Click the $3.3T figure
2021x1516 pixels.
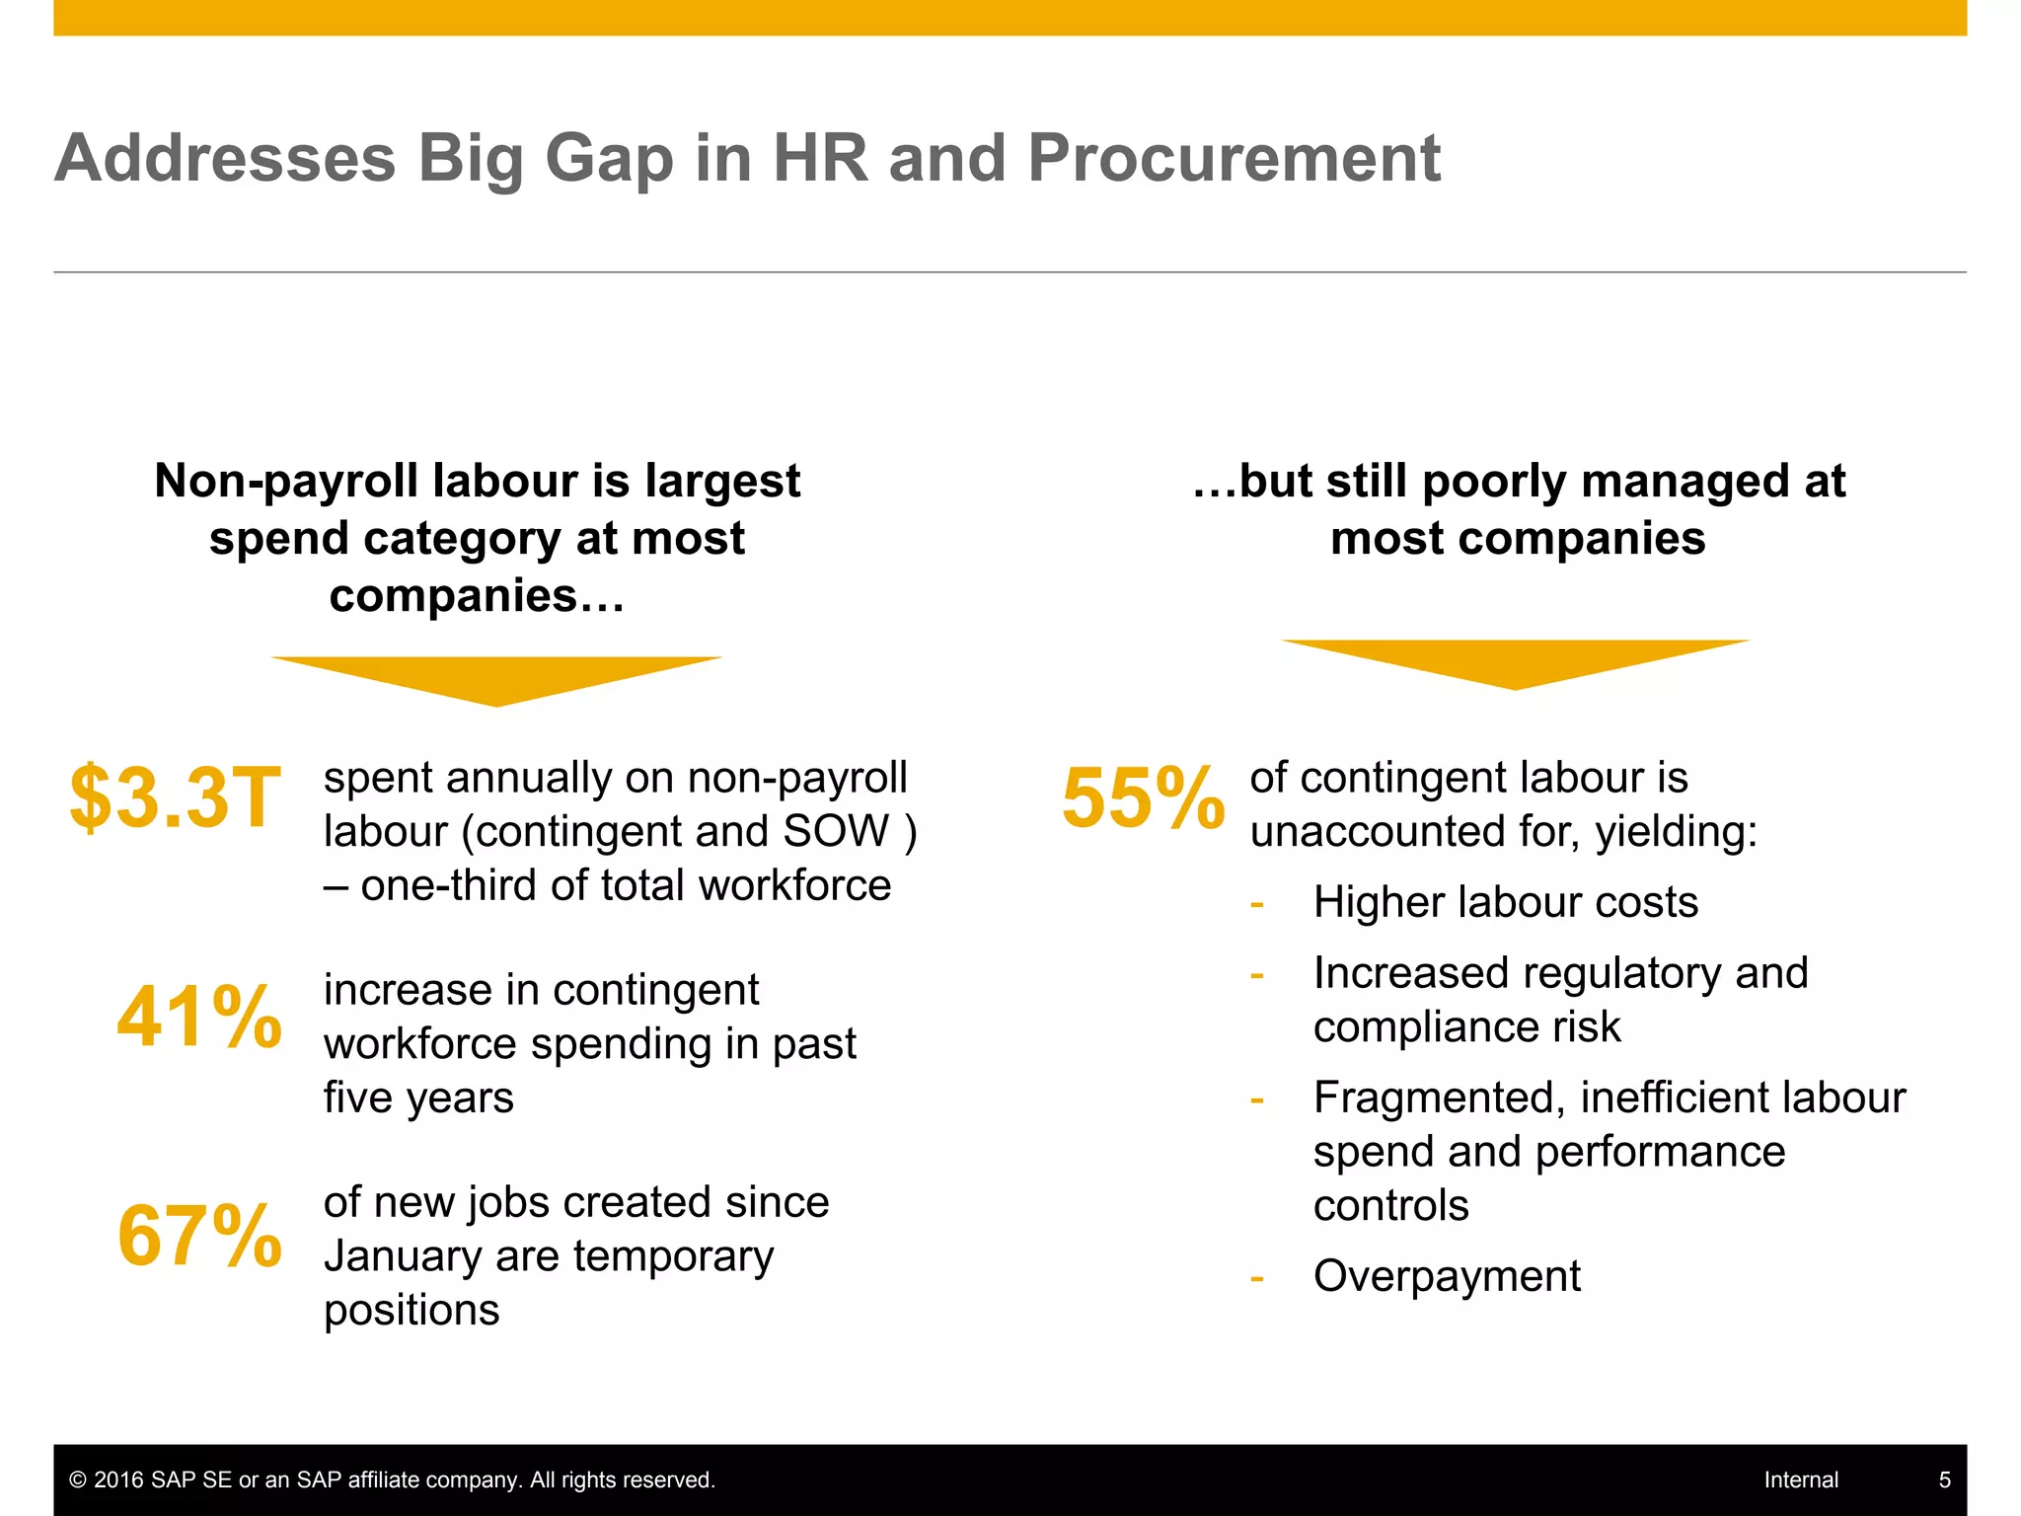pyautogui.click(x=176, y=796)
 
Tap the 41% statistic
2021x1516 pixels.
pyautogui.click(x=199, y=1017)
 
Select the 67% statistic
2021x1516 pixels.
pyautogui.click(x=199, y=1235)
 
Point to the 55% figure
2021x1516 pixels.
pyautogui.click(x=1143, y=797)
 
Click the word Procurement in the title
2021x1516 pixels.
pyautogui.click(x=1234, y=158)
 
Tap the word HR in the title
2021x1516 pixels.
pyautogui.click(x=820, y=158)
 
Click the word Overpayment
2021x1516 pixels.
pyautogui.click(x=1447, y=1276)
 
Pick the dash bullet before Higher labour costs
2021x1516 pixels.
pyautogui.click(x=1256, y=904)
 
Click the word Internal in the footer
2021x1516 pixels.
pyautogui.click(x=1801, y=1479)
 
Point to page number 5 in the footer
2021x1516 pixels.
pyautogui.click(x=1944, y=1479)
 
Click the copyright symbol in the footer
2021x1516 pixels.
pyautogui.click(x=78, y=1479)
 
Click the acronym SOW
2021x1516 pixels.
pyautogui.click(x=836, y=831)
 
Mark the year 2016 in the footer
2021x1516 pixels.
pyautogui.click(x=118, y=1479)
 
